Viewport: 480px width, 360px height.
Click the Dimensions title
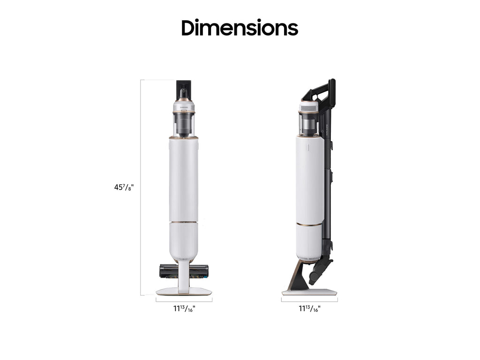click(240, 28)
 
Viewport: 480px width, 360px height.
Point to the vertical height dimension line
click(141, 187)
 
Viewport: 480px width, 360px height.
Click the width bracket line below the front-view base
click(184, 300)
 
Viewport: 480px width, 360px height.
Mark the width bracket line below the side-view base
click(309, 300)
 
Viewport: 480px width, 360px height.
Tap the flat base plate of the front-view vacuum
click(184, 292)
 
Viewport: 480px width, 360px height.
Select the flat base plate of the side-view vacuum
click(309, 292)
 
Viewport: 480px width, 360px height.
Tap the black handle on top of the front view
click(184, 90)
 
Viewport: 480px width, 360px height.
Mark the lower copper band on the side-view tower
click(309, 225)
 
